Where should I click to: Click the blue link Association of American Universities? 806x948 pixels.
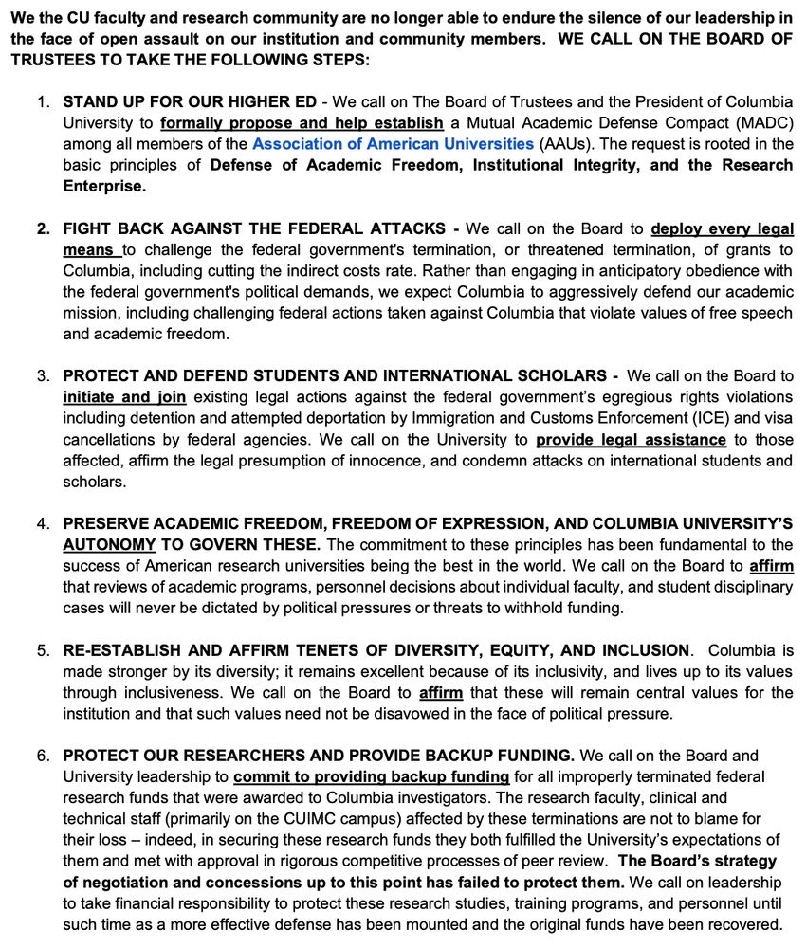click(393, 144)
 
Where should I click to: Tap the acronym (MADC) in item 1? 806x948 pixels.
click(758, 123)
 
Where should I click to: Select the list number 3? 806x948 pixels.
click(44, 375)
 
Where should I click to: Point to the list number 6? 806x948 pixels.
click(44, 755)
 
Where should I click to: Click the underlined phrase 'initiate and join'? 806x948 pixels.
click(124, 396)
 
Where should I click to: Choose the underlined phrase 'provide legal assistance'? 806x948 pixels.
click(631, 440)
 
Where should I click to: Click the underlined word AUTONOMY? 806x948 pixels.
click(109, 545)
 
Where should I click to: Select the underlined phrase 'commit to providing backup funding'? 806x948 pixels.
click(371, 776)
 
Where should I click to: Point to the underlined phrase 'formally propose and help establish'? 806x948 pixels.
click(302, 123)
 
